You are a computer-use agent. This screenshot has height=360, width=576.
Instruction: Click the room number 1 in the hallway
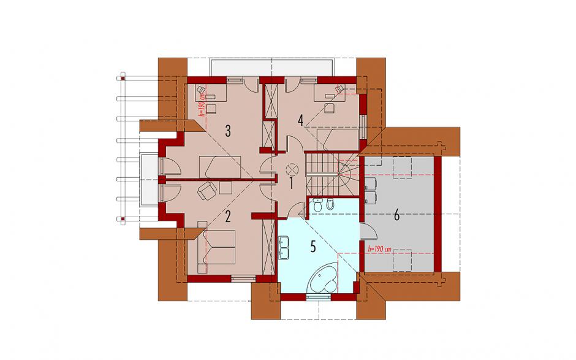click(x=291, y=183)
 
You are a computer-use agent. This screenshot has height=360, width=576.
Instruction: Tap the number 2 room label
click(x=228, y=217)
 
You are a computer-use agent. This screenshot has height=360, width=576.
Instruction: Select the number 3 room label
click(x=228, y=131)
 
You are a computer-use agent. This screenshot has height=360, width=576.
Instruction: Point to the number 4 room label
click(x=301, y=120)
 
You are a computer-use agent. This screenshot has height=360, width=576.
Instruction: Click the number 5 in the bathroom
click(x=313, y=247)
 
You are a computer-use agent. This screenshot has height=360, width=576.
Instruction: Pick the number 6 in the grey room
click(x=396, y=215)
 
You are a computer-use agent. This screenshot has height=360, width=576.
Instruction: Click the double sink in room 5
click(x=284, y=247)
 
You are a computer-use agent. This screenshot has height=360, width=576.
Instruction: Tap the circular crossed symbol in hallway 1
click(x=292, y=169)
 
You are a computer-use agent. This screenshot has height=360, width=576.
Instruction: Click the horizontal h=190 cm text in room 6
click(x=379, y=249)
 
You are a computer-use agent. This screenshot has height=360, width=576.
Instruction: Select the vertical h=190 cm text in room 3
click(x=202, y=104)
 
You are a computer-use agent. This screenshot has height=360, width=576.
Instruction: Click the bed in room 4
click(x=338, y=140)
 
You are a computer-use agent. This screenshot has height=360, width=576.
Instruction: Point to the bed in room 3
click(x=220, y=167)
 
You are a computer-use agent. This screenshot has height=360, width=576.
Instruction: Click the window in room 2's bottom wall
click(x=243, y=278)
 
